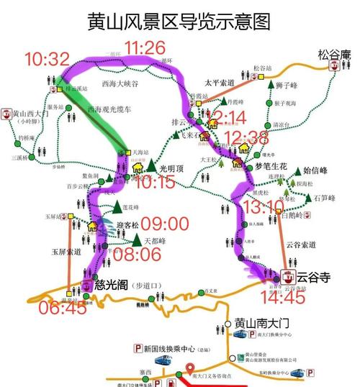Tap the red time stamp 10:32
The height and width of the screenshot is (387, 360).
coord(48,59)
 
